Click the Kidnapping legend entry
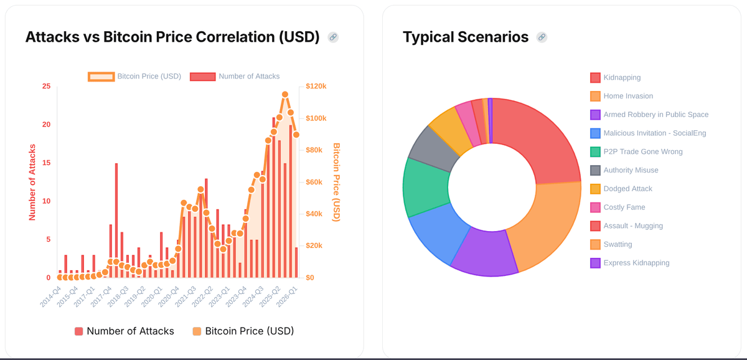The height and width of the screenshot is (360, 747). click(622, 77)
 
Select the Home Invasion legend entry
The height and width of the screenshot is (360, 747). click(628, 96)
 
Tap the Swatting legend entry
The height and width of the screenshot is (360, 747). click(618, 244)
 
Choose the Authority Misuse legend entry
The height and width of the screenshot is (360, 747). click(631, 170)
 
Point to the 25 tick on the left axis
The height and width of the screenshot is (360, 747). click(47, 86)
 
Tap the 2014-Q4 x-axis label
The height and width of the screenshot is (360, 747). click(50, 296)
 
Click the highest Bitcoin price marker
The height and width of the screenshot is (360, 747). click(284, 95)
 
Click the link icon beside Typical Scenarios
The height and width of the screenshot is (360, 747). click(542, 37)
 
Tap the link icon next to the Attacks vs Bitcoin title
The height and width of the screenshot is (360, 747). click(333, 37)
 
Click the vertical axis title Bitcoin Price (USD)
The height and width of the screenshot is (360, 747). click(336, 182)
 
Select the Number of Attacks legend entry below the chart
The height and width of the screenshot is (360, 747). click(125, 331)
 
